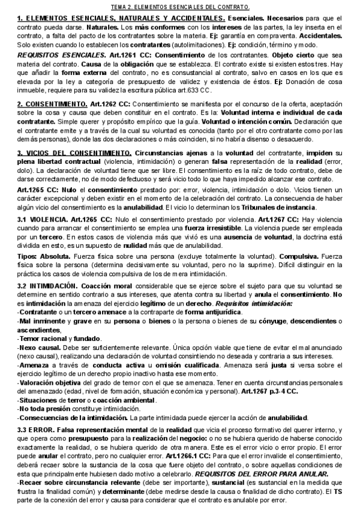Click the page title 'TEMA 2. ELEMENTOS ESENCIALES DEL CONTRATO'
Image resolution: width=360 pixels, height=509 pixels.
(x=180, y=7)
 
